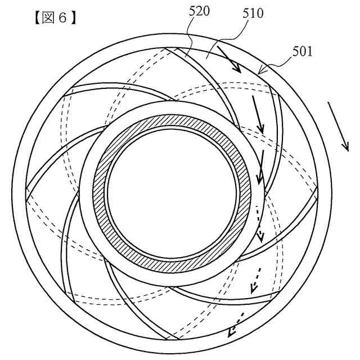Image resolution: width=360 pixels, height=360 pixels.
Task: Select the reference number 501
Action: coord(303,52)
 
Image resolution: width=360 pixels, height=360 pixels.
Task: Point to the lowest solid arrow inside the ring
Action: coord(260,169)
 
